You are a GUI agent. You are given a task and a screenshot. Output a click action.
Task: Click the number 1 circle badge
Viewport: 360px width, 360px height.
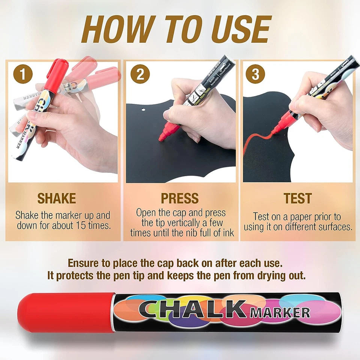[22, 74]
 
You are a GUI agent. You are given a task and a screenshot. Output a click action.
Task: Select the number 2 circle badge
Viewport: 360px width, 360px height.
[140, 74]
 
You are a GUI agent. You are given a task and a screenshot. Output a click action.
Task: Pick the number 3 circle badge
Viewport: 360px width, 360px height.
[255, 74]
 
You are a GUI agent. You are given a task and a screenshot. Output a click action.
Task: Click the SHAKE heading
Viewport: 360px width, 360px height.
[57, 198]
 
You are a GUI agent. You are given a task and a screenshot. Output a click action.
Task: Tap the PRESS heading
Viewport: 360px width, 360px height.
[180, 198]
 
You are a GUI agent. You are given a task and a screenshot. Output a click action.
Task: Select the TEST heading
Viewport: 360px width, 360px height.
[297, 198]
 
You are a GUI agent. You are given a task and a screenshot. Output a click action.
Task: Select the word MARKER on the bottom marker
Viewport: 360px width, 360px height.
[280, 312]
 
